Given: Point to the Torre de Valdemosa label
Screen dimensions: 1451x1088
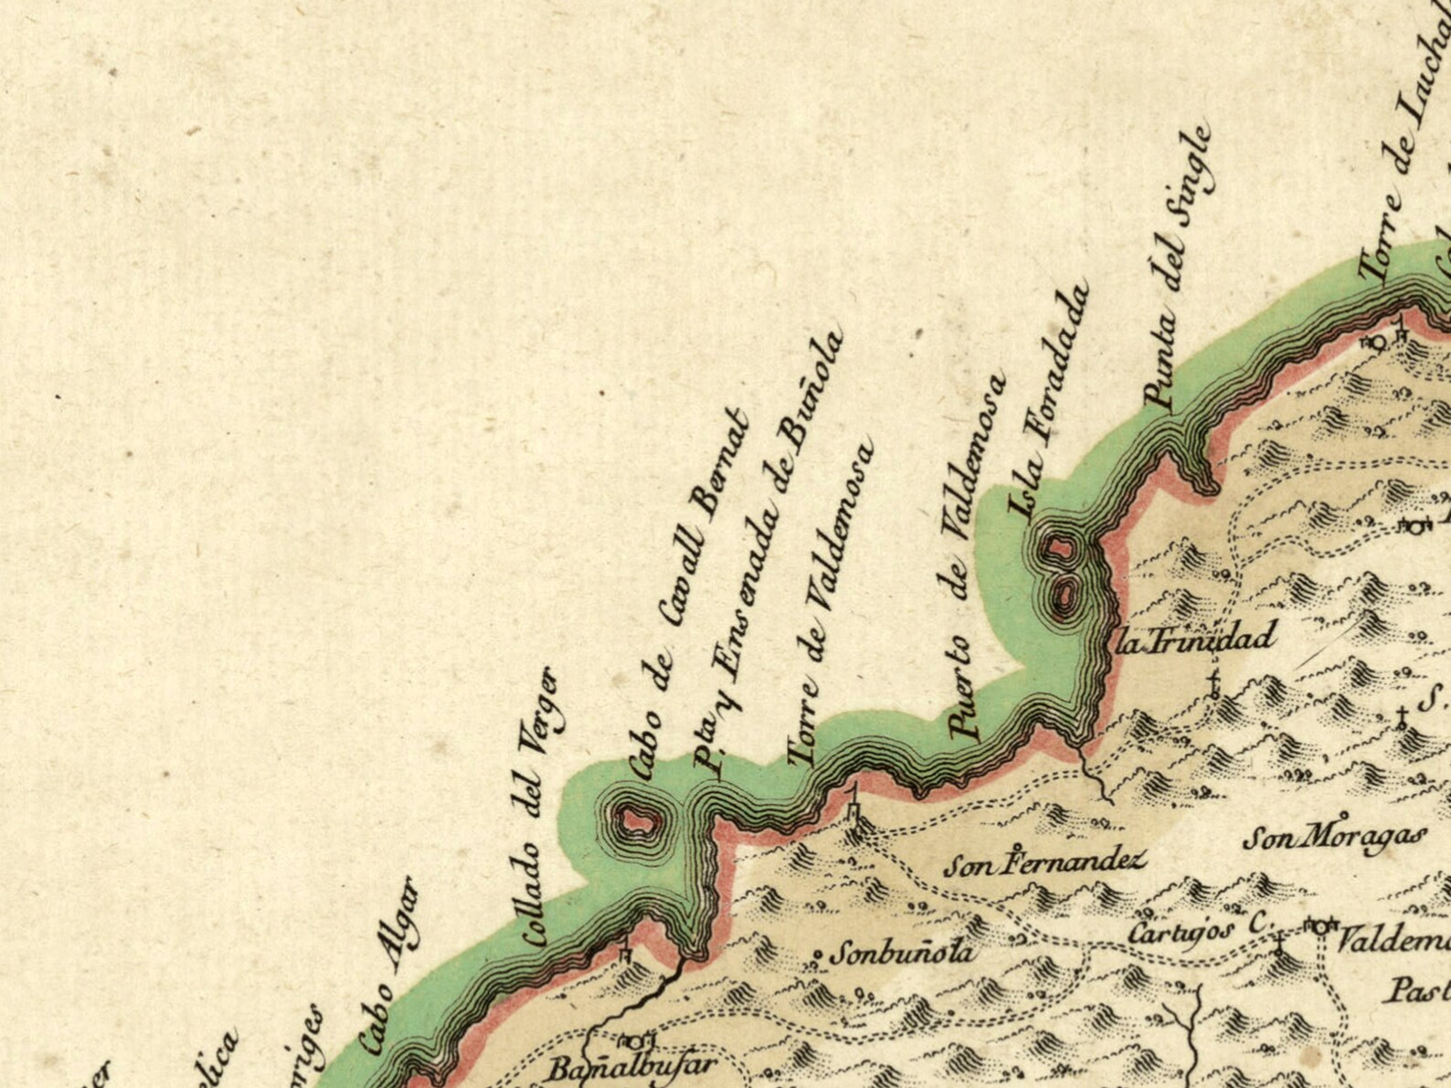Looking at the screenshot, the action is point(831,604).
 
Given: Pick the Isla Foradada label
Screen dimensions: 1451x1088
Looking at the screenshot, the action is point(1050,402).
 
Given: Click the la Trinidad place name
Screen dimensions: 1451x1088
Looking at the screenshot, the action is point(1195,639).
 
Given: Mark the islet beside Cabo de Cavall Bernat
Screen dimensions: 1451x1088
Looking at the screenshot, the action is point(634,820).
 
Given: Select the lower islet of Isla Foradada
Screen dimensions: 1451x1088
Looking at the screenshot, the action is point(1064,595).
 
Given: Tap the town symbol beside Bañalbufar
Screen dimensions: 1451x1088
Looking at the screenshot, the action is point(636,1040).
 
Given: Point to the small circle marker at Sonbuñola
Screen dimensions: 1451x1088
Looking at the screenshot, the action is point(818,957).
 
